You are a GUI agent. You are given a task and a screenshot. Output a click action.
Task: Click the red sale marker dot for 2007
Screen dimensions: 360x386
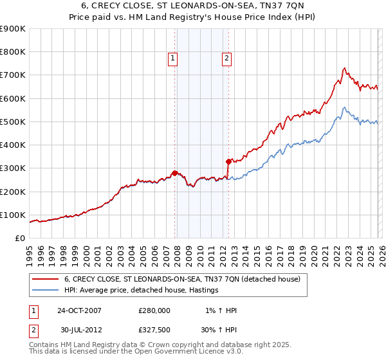[x=174, y=173]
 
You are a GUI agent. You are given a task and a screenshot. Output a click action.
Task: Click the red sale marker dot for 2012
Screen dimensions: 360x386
[x=228, y=161]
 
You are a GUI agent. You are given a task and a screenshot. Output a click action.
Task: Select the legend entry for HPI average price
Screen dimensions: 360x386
[x=142, y=291]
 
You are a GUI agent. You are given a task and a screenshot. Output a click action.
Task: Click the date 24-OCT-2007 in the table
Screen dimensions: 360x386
[x=79, y=310]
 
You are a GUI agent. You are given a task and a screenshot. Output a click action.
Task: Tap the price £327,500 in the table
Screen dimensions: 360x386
[x=154, y=331]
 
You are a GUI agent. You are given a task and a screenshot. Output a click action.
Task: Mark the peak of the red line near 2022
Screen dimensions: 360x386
[x=344, y=67]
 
